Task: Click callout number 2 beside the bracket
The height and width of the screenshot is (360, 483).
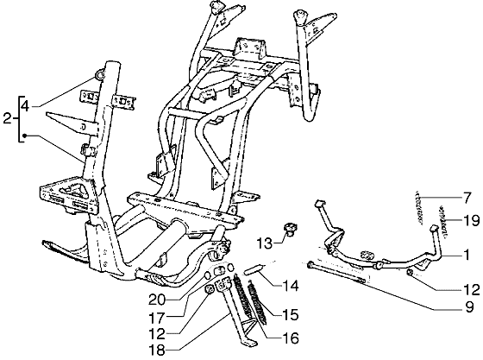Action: point(8,118)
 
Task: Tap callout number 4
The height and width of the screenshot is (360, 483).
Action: point(26,106)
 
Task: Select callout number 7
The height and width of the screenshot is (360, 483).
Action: point(467,198)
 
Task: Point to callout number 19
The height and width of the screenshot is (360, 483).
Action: point(471,221)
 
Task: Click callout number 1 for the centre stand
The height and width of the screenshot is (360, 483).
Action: point(467,256)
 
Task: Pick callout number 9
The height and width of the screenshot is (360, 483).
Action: point(469,307)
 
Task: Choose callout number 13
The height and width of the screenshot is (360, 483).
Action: point(266,243)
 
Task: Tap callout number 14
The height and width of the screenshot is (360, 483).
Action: point(291,286)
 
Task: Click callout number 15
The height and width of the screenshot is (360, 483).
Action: point(291,315)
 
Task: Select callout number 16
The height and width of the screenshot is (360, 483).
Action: point(291,338)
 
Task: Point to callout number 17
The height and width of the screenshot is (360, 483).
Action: point(157,318)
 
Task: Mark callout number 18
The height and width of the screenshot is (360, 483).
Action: point(157,351)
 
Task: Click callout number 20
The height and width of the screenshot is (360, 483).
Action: point(157,300)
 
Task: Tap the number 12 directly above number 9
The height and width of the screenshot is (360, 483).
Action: point(472,289)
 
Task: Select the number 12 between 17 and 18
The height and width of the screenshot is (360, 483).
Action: point(157,334)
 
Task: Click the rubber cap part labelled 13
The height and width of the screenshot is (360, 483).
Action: point(290,230)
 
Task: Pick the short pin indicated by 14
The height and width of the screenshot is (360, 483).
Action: point(254,268)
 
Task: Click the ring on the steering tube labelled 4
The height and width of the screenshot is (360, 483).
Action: point(101,74)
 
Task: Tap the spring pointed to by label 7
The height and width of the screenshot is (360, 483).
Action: point(417,208)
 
